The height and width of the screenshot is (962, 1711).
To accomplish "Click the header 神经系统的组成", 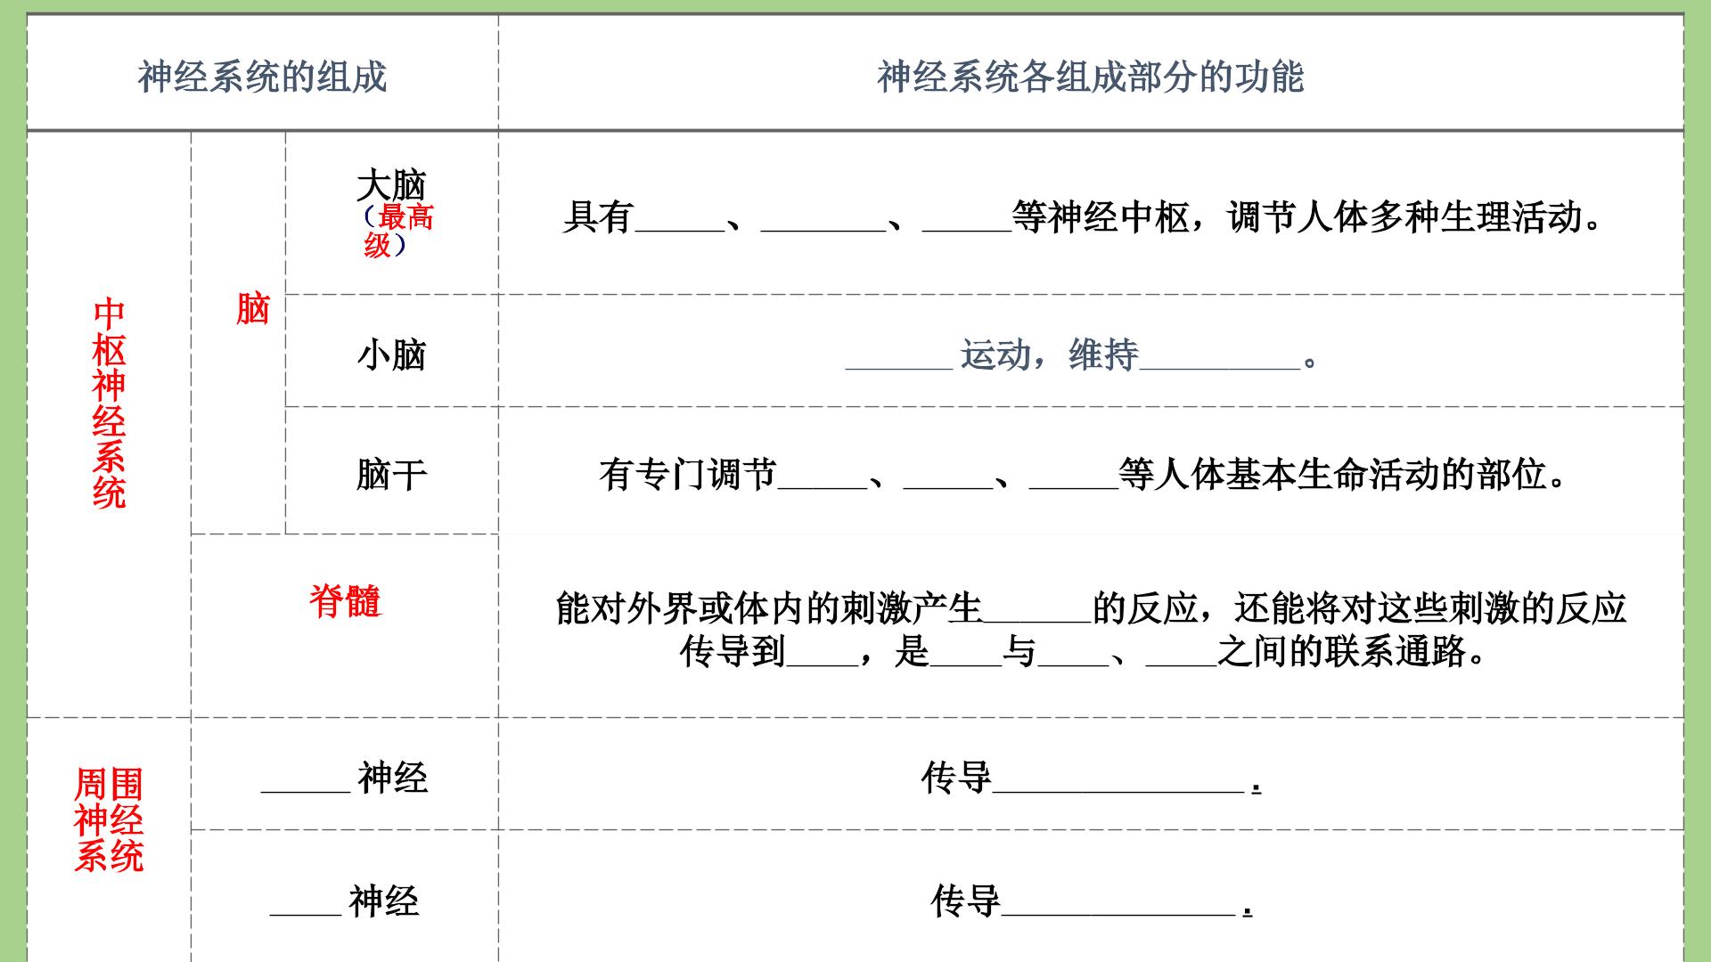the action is click(x=262, y=77).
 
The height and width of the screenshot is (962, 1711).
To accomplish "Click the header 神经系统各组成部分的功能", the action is click(x=1090, y=77).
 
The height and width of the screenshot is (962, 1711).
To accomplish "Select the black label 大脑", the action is click(x=391, y=185).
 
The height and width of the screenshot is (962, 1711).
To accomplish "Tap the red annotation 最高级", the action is click(x=399, y=230).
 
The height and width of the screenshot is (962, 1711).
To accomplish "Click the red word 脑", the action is click(x=252, y=309).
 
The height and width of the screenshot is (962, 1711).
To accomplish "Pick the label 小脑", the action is click(x=391, y=355).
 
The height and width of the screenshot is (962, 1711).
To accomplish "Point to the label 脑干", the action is click(x=391, y=474).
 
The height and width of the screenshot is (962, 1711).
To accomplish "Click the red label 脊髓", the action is click(x=345, y=600).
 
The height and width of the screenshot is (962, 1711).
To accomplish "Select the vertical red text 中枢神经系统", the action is click(x=109, y=403).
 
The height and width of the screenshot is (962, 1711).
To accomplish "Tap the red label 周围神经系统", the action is click(x=109, y=819).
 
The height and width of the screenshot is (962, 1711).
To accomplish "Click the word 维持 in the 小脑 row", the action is click(x=1104, y=355).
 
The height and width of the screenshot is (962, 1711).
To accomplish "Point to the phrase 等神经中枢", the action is click(x=1101, y=216).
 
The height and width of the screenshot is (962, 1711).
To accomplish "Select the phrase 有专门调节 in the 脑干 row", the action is click(x=688, y=474).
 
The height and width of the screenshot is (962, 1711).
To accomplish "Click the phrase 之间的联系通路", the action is click(x=1342, y=652).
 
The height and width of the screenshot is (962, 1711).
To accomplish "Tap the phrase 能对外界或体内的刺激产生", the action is click(x=769, y=608).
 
